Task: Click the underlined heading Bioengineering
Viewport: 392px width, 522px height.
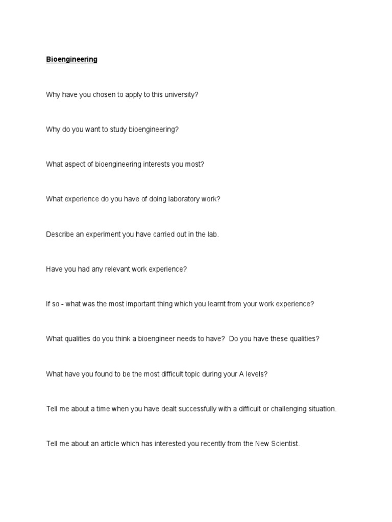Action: (71, 60)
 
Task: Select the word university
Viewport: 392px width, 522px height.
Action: (181, 95)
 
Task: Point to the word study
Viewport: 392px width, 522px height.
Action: (113, 129)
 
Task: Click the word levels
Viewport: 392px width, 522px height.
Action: (255, 374)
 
